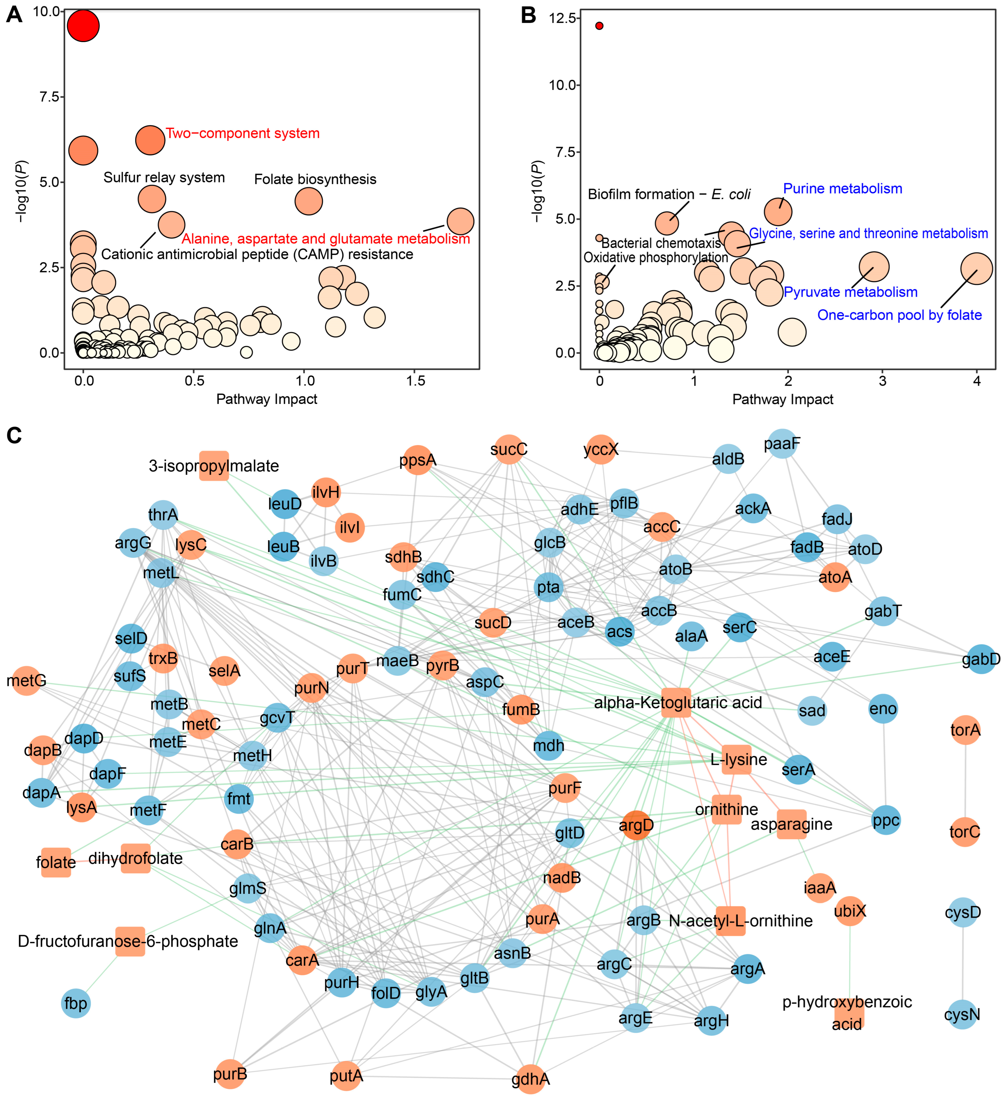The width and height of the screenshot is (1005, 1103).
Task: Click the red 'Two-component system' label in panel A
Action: click(242, 134)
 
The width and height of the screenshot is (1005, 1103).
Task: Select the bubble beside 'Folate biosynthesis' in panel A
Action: click(309, 201)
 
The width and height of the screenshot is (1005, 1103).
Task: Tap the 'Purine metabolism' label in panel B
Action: click(842, 189)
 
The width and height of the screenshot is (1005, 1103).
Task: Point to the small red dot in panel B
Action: click(599, 26)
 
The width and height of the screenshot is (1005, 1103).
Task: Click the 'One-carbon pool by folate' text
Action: click(899, 315)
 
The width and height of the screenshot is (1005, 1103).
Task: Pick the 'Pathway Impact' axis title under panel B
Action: click(783, 400)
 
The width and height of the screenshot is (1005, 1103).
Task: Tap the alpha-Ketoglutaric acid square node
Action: click(676, 703)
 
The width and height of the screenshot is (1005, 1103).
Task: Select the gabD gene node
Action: click(981, 659)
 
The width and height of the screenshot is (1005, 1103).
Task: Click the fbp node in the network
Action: click(75, 1003)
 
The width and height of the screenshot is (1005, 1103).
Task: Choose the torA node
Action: click(965, 730)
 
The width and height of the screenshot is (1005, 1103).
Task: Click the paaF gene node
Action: click(782, 444)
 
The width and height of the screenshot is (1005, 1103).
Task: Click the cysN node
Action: click(962, 1015)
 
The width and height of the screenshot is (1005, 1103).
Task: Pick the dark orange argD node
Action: click(636, 826)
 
